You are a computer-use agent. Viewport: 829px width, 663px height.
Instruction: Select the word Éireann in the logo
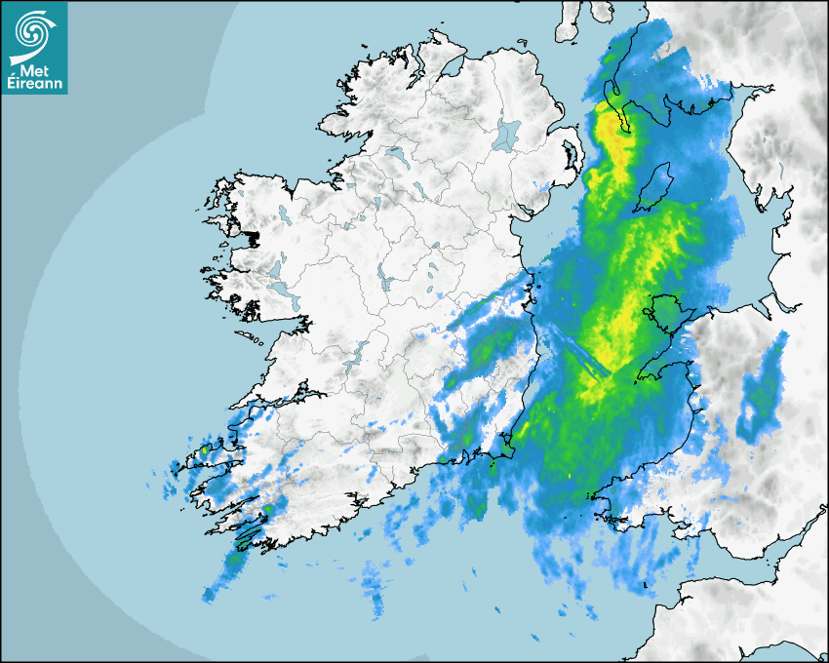(x=33, y=85)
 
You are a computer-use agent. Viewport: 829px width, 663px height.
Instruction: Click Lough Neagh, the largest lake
(x=507, y=135)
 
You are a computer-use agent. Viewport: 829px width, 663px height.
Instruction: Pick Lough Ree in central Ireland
(x=384, y=283)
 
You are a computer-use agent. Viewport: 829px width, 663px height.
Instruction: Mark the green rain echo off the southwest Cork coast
(x=235, y=561)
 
